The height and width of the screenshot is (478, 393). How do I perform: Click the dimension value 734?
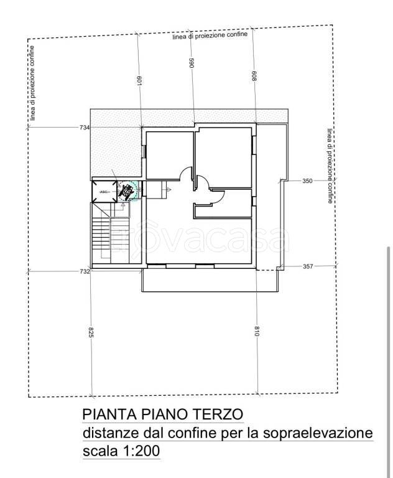pyautogui.click(x=85, y=128)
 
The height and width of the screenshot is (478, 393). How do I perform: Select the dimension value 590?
pyautogui.click(x=192, y=63)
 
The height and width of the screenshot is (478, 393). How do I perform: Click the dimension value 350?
pyautogui.click(x=307, y=180)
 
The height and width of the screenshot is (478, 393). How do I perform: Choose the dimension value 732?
pyautogui.click(x=85, y=271)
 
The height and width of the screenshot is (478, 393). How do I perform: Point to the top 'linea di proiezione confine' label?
pyautogui.click(x=210, y=35)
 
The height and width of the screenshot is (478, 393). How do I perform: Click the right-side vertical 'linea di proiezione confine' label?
pyautogui.click(x=330, y=166)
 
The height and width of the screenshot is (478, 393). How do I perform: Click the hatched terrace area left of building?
pyautogui.click(x=116, y=149)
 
